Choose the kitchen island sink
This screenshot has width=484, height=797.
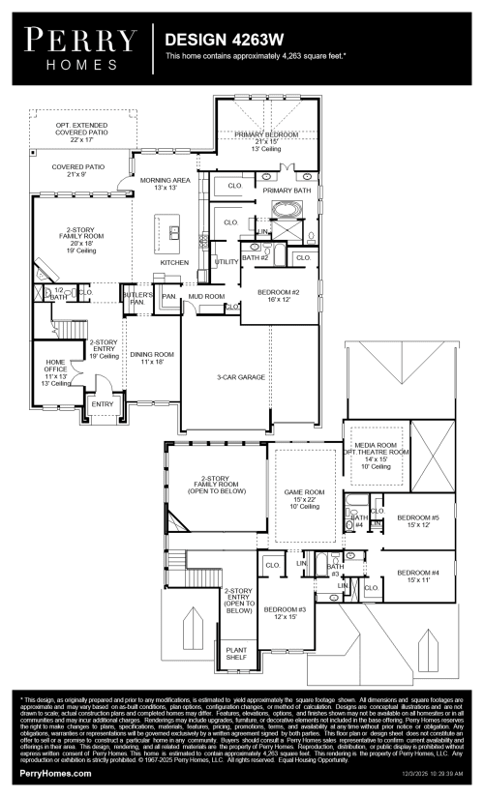(174, 231)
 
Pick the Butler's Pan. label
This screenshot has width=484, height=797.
(135, 298)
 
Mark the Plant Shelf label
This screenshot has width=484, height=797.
(236, 654)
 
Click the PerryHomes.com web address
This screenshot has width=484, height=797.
(56, 777)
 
